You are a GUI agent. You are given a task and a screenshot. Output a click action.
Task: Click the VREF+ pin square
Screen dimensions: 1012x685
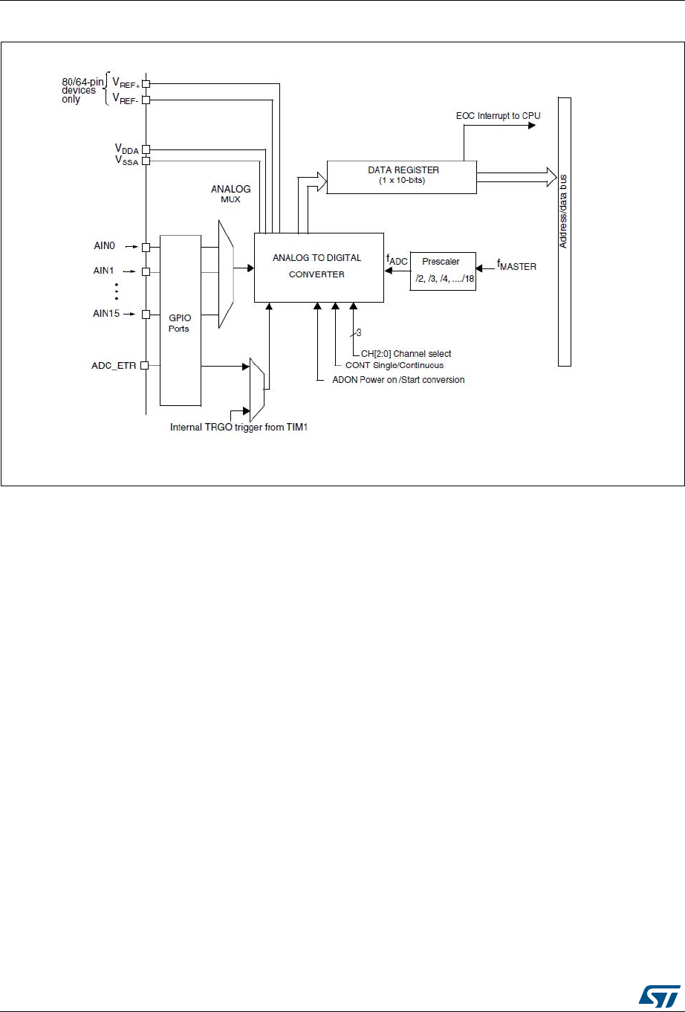point(146,84)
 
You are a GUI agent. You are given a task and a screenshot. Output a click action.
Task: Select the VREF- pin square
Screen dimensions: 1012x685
point(146,99)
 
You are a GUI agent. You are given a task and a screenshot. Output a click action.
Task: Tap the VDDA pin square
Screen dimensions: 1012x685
point(146,149)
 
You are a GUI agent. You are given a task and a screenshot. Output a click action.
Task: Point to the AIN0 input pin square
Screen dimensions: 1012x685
point(146,247)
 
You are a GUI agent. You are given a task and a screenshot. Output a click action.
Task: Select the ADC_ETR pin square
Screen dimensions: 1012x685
point(146,365)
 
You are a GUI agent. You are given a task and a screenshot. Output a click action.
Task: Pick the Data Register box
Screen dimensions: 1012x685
point(401,176)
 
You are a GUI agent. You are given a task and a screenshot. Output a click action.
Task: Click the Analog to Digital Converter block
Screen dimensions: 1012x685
point(319,266)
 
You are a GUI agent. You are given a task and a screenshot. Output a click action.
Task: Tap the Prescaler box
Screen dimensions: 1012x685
point(443,270)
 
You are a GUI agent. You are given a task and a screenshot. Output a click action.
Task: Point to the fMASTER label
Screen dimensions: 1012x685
point(514,265)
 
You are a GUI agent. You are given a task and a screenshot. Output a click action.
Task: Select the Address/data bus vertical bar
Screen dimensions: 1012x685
point(565,231)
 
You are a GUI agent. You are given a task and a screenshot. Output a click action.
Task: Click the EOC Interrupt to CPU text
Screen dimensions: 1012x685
point(492,117)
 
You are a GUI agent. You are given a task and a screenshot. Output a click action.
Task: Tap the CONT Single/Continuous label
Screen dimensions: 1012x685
point(395,366)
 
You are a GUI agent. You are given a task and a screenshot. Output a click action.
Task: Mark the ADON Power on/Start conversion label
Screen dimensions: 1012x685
point(398,380)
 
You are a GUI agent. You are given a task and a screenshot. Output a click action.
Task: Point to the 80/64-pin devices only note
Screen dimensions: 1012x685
point(82,91)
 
